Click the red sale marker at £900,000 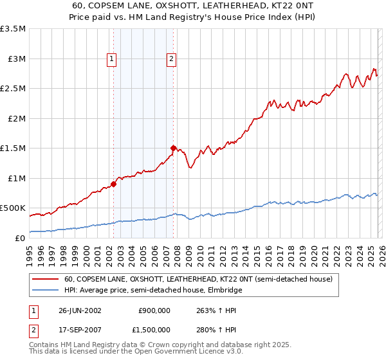click(x=113, y=184)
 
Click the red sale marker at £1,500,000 click(x=173, y=148)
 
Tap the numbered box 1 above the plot click(x=112, y=60)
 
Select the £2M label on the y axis click(x=16, y=118)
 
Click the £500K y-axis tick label click(x=13, y=208)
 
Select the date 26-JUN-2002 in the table click(x=80, y=310)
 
